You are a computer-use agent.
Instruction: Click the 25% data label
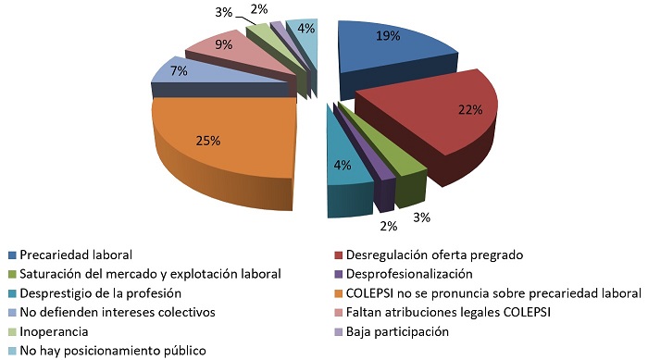coord(208,141)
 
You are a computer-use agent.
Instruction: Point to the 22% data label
coord(470,109)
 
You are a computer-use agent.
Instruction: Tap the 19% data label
coord(387,37)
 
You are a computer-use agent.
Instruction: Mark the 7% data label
coord(180,70)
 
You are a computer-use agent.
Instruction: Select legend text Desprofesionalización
coord(408,274)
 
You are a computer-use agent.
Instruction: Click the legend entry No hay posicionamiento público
coord(107,351)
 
